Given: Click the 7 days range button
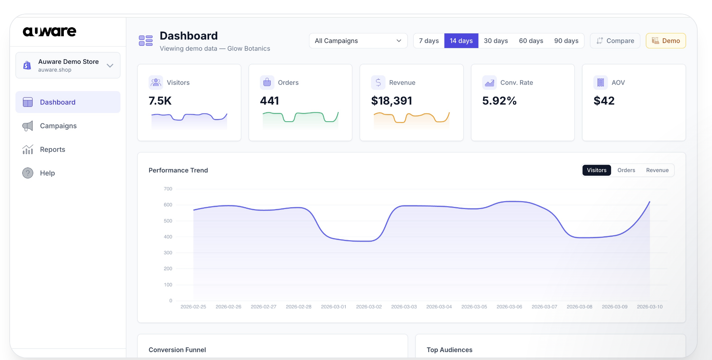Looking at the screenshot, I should [x=429, y=41].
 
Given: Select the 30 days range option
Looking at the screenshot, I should [x=496, y=41].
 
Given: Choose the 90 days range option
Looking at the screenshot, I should [x=566, y=41].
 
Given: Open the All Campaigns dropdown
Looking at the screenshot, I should [x=358, y=41].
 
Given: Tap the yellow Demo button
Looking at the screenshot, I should [x=666, y=41].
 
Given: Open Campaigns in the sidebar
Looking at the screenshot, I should [x=58, y=126].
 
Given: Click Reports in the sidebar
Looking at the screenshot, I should [x=52, y=150].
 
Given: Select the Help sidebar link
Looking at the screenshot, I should [x=47, y=173].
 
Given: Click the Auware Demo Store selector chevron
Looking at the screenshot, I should [x=110, y=66].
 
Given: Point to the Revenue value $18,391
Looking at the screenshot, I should [x=391, y=101].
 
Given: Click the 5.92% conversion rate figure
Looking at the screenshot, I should [x=499, y=101].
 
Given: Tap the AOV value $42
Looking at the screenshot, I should [x=604, y=101].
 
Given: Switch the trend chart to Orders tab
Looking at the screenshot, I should [x=626, y=170].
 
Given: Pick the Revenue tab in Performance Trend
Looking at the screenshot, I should [x=657, y=170].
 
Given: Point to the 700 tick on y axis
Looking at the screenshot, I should [x=168, y=189].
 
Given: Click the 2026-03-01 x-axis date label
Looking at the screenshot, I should [x=333, y=307].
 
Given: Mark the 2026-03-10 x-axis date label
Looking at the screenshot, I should [x=650, y=307].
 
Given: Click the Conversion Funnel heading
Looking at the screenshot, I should [x=177, y=350].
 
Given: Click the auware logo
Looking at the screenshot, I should [x=49, y=32].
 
